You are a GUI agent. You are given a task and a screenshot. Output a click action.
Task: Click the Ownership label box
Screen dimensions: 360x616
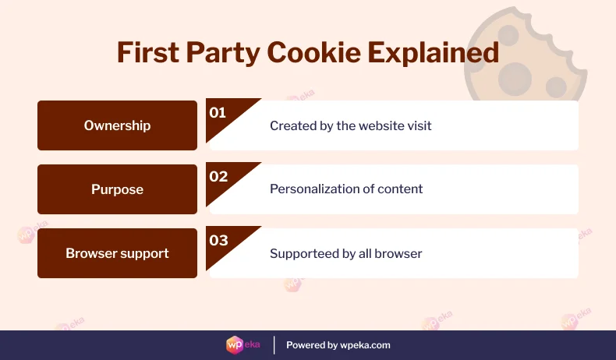117,125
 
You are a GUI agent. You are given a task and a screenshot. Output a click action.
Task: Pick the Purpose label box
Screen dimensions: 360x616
117,189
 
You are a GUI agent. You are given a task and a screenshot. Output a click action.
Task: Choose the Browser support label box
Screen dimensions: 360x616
117,253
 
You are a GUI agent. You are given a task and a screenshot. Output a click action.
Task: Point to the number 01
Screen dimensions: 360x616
218,113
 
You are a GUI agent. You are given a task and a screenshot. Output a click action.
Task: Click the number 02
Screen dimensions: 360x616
218,177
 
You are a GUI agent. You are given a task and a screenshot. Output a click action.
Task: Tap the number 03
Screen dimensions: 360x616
218,241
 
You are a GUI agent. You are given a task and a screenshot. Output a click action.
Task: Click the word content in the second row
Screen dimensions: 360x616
402,189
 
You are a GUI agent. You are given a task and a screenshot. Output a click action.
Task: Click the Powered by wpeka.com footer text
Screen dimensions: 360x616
338,345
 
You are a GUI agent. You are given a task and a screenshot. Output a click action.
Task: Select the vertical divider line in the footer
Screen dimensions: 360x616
274,344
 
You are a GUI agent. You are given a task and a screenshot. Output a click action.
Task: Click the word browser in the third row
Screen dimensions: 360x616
400,253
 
